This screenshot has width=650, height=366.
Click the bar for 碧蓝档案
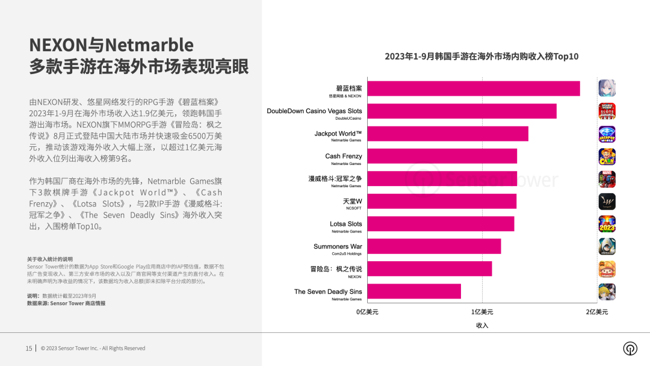coord(474,88)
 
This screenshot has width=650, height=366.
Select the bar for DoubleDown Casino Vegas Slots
coord(462,111)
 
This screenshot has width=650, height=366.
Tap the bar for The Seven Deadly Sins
coord(414,291)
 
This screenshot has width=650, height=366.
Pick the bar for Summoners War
coord(434,246)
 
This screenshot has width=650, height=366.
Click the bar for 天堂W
coord(442,201)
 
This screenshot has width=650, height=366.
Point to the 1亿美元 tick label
coord(481,312)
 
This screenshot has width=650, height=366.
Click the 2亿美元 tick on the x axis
coord(597,312)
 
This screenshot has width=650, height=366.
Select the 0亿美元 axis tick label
coord(367,312)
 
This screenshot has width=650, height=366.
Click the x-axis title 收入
coord(482,326)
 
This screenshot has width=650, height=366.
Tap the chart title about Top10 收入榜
coord(481,57)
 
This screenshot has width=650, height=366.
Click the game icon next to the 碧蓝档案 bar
coord(607,88)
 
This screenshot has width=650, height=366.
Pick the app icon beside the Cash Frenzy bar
coord(607,157)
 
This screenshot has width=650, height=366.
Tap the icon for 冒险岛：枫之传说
coord(607,269)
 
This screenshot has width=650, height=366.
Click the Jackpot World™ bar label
coord(338,134)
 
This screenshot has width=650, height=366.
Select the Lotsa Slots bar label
coord(346,224)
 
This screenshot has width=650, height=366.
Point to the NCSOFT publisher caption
coord(353,208)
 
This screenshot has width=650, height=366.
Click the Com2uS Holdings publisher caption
coord(346,253)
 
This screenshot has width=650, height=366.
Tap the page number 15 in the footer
coord(29,348)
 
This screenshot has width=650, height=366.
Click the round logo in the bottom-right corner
coord(630,349)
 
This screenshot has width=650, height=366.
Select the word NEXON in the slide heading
coord(59,45)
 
